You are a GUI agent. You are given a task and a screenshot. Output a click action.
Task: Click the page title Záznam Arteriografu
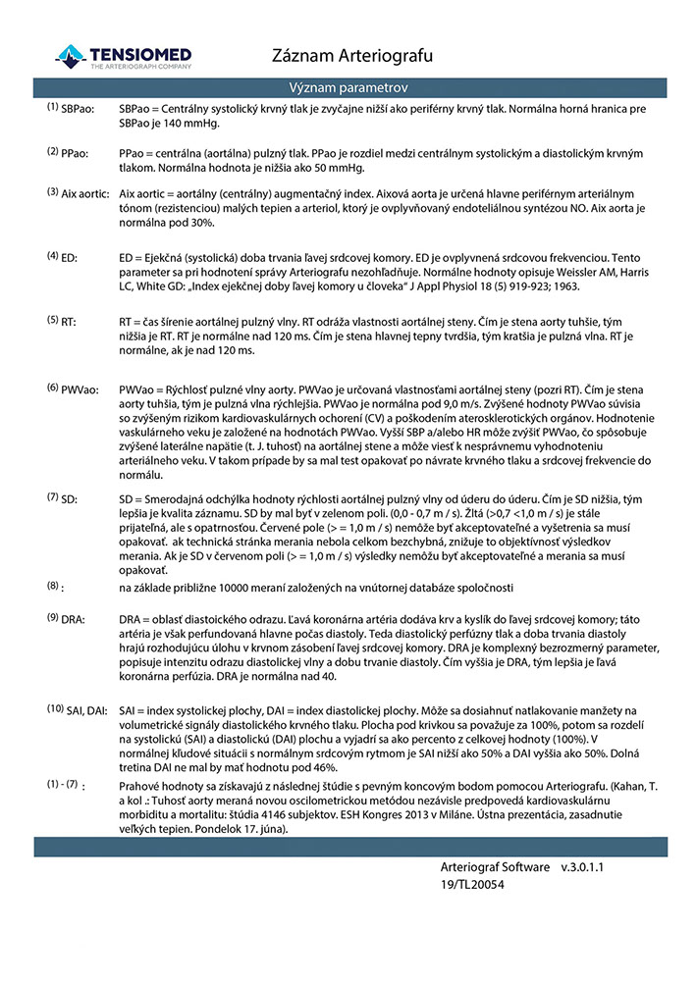click(x=351, y=55)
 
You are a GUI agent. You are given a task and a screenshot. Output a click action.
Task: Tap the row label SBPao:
click(x=78, y=109)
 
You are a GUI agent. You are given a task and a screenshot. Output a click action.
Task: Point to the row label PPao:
click(x=75, y=154)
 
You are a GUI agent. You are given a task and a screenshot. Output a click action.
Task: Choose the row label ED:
click(x=70, y=258)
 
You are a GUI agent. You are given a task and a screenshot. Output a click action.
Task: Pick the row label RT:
click(x=69, y=322)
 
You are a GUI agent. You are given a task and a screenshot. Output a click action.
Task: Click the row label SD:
click(x=70, y=499)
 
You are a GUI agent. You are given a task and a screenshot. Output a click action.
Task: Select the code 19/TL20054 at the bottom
click(x=473, y=885)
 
